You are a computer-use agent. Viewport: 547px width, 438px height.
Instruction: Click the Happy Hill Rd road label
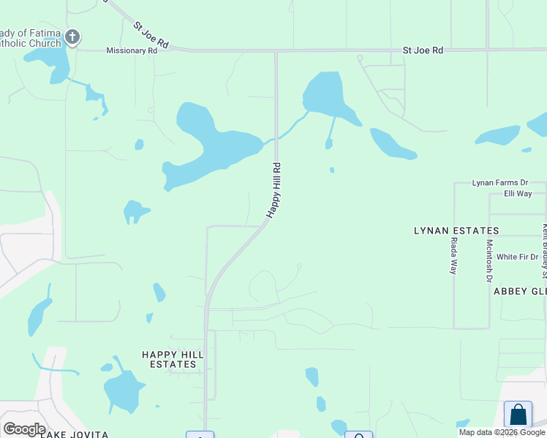click(x=274, y=190)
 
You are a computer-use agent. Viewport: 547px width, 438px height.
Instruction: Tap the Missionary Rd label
click(x=132, y=51)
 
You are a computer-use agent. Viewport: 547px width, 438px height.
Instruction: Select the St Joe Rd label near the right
click(x=423, y=50)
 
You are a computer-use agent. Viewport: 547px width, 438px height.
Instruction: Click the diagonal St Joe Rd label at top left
click(x=151, y=35)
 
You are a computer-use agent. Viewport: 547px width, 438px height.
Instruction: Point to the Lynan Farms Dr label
click(x=499, y=182)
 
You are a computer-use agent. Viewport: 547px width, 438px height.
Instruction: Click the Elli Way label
click(x=518, y=193)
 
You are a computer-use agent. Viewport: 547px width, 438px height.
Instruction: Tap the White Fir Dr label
click(x=517, y=257)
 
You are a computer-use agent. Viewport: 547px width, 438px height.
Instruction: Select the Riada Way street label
click(x=454, y=255)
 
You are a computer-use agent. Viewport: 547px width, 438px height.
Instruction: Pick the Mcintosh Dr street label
click(x=489, y=261)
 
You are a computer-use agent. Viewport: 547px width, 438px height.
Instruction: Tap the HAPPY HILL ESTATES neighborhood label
click(x=169, y=359)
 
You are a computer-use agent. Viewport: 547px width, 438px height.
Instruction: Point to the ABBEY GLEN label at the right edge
click(x=520, y=291)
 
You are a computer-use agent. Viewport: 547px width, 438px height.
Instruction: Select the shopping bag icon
click(x=518, y=415)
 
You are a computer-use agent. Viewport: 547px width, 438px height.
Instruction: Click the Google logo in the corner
click(x=24, y=429)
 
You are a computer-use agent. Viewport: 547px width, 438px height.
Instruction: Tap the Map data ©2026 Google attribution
click(x=502, y=432)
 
